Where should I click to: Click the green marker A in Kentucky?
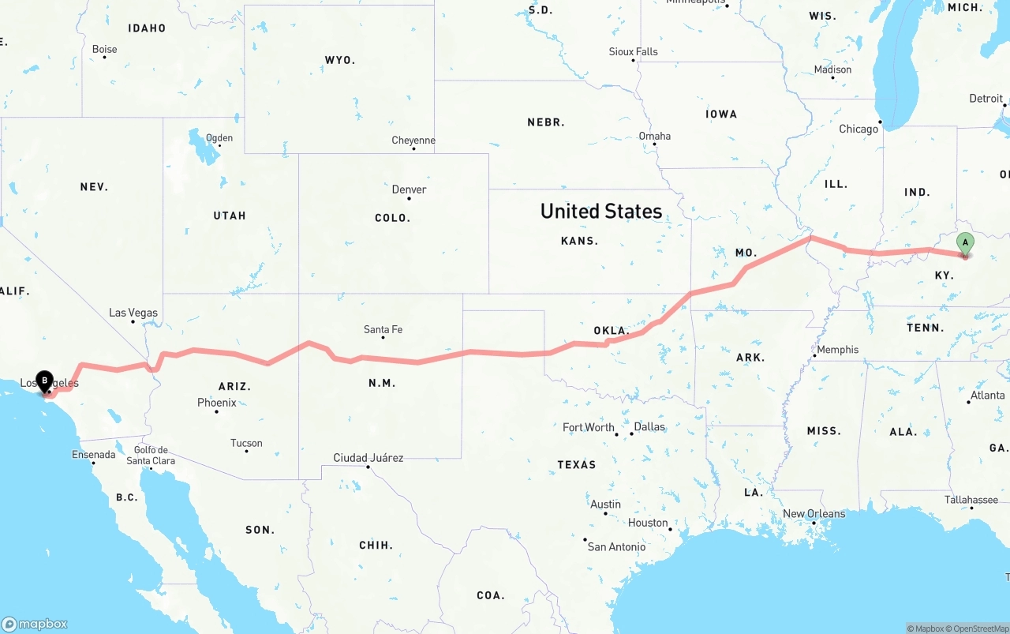(x=964, y=243)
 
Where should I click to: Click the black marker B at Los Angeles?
(x=44, y=380)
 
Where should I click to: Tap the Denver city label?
(x=409, y=189)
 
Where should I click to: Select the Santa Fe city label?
(x=383, y=329)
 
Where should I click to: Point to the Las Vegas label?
(x=133, y=313)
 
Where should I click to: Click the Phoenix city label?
(x=217, y=403)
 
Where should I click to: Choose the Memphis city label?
(x=838, y=350)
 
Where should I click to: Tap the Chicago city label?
(x=858, y=129)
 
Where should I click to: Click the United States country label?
(x=601, y=211)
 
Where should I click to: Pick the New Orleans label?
(x=814, y=514)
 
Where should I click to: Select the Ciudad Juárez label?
(x=368, y=458)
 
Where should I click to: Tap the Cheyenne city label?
(x=413, y=141)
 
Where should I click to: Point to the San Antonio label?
(x=616, y=546)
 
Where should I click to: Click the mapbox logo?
(x=35, y=624)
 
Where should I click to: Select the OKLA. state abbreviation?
(x=610, y=331)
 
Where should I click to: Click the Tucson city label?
(x=246, y=443)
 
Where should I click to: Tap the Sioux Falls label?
(x=633, y=51)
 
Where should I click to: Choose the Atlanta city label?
(x=987, y=395)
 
